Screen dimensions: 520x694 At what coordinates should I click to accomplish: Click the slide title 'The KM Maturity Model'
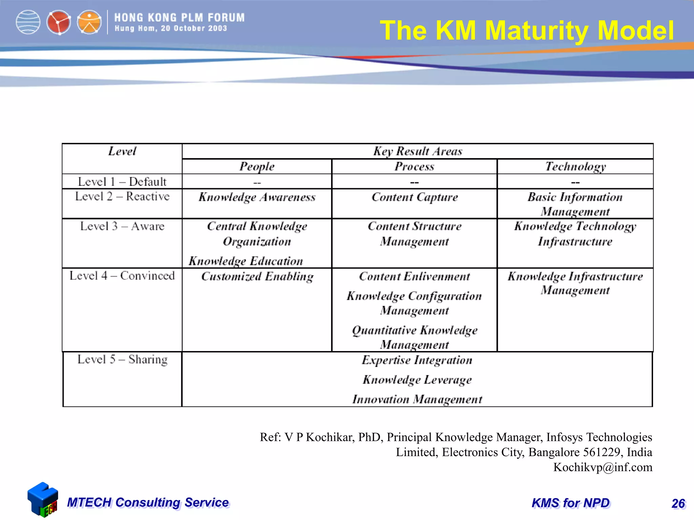[527, 30]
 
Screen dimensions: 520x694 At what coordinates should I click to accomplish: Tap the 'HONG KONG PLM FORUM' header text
[179, 18]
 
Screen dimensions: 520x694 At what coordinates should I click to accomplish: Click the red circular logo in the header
[59, 23]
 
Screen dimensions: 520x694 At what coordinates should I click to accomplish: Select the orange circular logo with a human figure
[89, 23]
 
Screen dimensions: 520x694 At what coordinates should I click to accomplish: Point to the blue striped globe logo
[28, 23]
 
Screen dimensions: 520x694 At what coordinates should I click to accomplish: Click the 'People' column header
[257, 167]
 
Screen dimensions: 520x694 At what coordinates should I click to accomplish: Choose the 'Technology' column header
[575, 167]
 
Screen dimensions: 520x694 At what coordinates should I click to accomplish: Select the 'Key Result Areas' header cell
[417, 151]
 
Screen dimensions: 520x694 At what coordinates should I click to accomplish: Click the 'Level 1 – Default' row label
[122, 182]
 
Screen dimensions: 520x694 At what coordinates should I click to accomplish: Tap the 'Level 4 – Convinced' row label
[122, 276]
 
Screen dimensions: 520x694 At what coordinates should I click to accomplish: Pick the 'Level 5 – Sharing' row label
[122, 360]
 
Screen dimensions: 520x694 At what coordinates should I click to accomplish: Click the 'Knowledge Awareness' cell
[257, 197]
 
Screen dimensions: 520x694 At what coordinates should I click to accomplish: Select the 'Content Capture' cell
[414, 197]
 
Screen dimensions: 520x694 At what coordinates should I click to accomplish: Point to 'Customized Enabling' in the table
[257, 277]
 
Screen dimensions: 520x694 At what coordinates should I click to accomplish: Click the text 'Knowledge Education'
[246, 261]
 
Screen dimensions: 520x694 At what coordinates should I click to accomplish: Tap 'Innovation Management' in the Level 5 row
[417, 399]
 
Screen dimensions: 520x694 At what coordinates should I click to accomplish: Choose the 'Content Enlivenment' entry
[414, 277]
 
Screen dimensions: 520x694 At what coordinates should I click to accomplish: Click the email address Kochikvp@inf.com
[603, 467]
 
